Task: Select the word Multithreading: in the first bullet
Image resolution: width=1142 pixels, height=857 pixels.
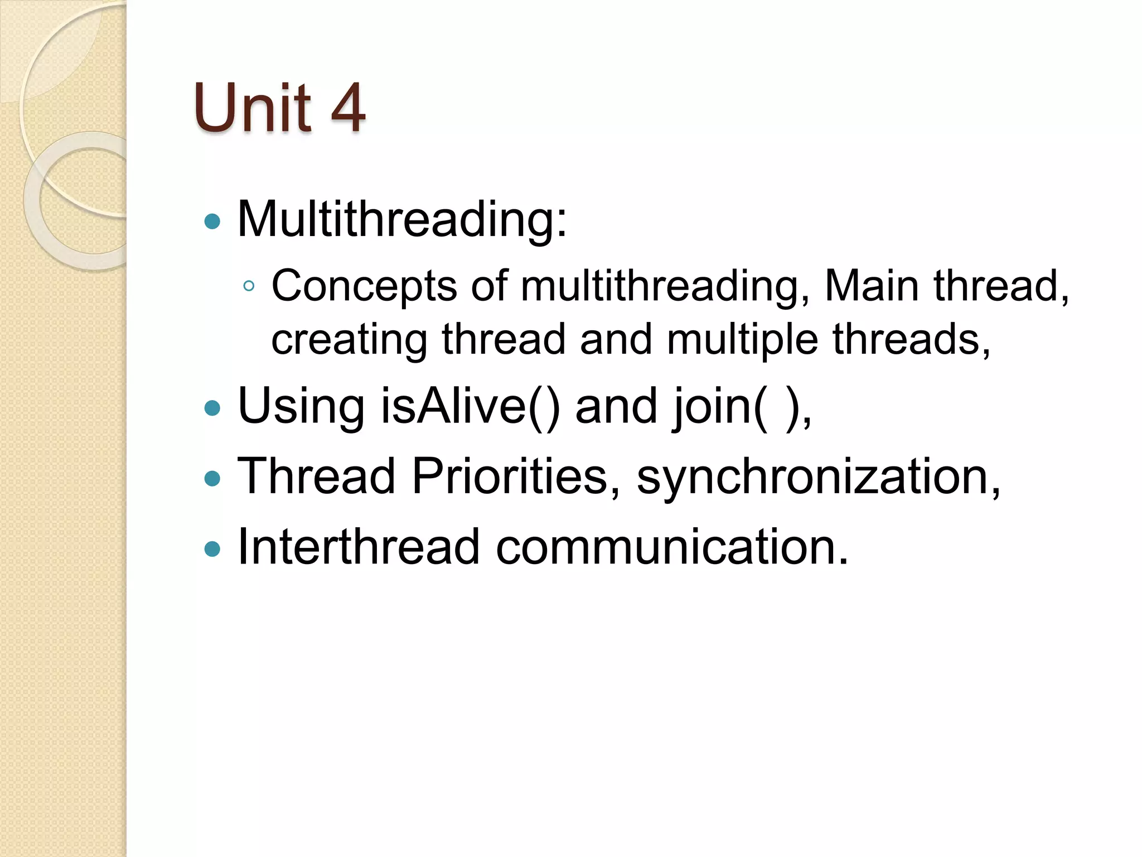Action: (402, 219)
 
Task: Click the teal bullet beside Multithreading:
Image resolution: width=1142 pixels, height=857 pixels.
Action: (212, 222)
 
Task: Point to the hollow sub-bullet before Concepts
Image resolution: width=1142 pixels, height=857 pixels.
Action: (249, 287)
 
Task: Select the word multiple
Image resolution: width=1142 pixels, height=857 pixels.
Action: (742, 340)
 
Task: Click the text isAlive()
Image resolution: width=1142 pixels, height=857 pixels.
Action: (470, 406)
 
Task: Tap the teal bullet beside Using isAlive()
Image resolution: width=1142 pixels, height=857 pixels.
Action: (212, 408)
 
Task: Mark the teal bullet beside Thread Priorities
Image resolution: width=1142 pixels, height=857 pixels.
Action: (212, 478)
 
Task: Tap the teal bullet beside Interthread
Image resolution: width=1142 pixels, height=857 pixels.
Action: (212, 549)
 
